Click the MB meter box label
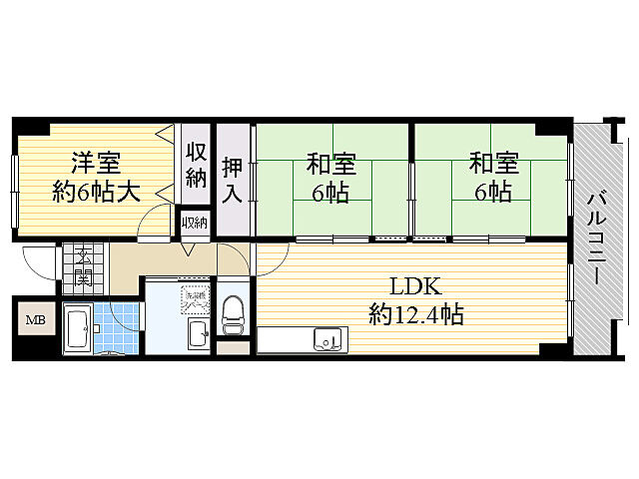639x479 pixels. click(x=35, y=320)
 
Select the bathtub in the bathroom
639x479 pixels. click(x=79, y=330)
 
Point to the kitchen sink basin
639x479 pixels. click(x=326, y=340)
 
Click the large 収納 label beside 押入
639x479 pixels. click(x=196, y=165)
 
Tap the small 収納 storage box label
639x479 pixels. click(x=195, y=222)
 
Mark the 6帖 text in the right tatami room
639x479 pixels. click(x=492, y=191)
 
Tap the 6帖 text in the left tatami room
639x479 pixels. click(x=330, y=192)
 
